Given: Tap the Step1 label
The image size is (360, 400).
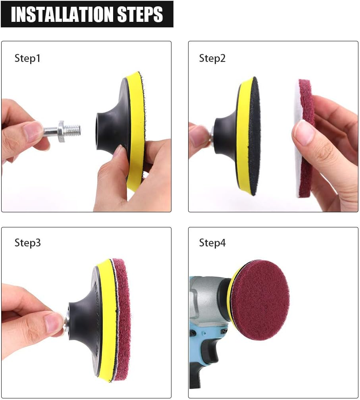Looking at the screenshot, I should pos(27,58).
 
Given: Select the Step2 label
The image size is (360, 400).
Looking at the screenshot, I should pos(212,58).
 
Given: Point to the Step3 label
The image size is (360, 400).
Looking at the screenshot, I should pos(27,242).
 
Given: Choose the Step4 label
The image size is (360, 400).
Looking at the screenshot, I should pos(212,242).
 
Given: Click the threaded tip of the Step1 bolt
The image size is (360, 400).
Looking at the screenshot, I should pos(74,129).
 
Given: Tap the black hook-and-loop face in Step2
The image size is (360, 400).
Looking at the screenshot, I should pos(252,135).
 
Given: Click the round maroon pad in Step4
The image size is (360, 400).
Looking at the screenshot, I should pos(260,300).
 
